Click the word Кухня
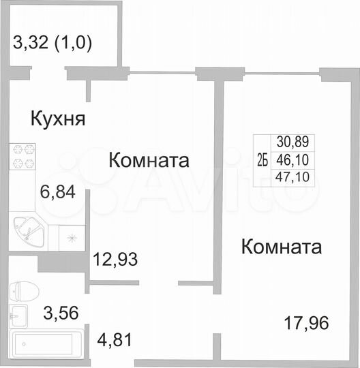(x=58, y=119)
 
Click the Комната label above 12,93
(x=149, y=161)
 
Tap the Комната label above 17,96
(x=281, y=246)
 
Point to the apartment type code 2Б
(x=262, y=160)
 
